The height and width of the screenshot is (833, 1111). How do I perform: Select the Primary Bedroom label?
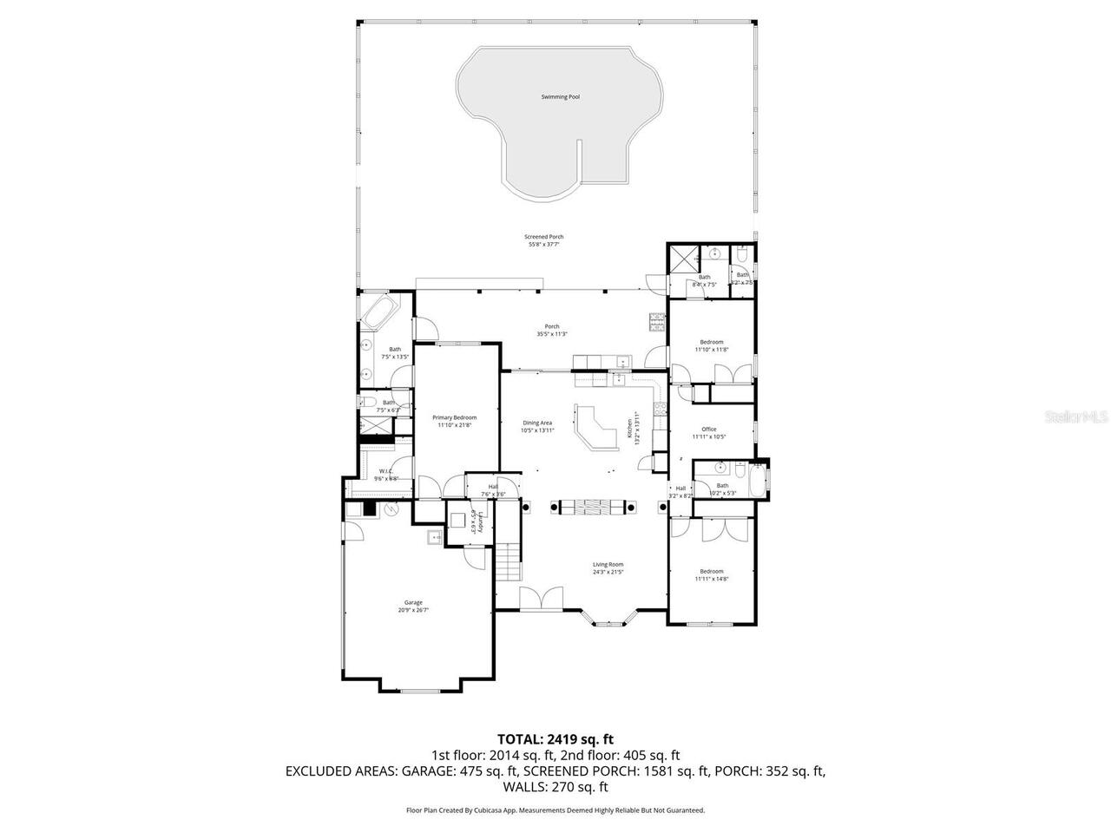coord(455,417)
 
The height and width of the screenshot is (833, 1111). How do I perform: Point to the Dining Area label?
coord(537,423)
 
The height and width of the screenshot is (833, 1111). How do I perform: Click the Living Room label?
coord(608,565)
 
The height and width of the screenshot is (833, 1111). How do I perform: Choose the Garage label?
coord(413,602)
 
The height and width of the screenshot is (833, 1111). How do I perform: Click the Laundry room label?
coord(475,522)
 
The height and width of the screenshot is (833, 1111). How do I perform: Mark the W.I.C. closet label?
coord(386,471)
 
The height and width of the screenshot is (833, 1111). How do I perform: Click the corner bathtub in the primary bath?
coord(378,313)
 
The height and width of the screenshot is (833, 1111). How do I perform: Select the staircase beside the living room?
coord(507,563)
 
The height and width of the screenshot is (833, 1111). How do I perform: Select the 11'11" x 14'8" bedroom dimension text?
coord(712,579)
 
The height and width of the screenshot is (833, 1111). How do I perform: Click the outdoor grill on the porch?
coord(656,323)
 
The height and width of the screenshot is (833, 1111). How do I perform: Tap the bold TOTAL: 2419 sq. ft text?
coord(555,739)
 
